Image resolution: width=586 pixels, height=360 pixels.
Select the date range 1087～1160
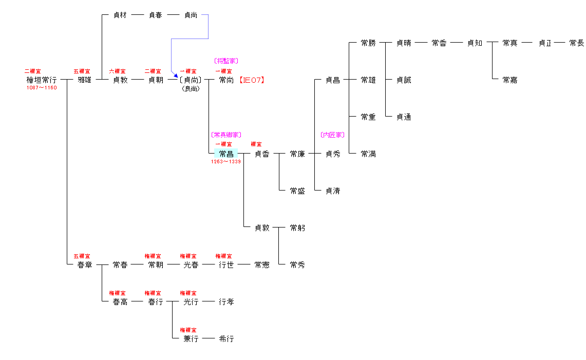[x=42, y=88]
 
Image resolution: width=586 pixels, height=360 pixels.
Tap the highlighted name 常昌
[x=226, y=154]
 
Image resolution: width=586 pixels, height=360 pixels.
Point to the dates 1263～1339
[x=226, y=162]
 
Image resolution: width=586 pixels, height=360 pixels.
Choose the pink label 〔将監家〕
[x=226, y=61]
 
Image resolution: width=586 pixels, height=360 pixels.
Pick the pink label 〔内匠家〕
[x=332, y=135]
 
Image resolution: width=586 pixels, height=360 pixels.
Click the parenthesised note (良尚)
[x=191, y=88]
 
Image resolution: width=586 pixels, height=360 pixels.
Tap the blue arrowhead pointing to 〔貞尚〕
[x=176, y=75]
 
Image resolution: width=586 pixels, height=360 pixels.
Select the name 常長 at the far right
[x=576, y=43]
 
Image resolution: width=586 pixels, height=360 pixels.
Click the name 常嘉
[x=510, y=80]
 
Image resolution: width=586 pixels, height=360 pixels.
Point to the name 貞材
[x=120, y=15]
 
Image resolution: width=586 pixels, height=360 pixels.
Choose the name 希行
[x=226, y=339]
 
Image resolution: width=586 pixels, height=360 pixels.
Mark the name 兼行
[x=191, y=339]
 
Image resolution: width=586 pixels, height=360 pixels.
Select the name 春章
[x=84, y=265]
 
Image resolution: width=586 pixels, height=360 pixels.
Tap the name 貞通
[x=404, y=117]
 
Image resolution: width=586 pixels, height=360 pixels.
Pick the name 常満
[x=368, y=154]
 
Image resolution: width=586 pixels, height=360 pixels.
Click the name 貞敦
[x=262, y=228]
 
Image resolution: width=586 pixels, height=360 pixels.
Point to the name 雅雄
[x=84, y=80]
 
